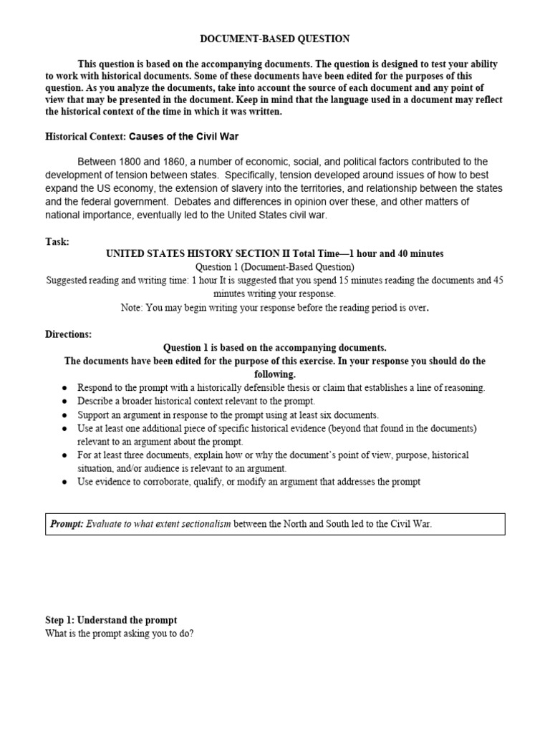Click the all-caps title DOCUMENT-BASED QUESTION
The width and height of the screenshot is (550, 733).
click(274, 39)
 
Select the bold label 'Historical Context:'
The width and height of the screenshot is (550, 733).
click(85, 136)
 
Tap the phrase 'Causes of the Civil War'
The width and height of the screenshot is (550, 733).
click(183, 136)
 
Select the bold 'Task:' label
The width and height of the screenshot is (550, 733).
click(57, 242)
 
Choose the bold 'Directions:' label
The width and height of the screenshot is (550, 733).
click(68, 334)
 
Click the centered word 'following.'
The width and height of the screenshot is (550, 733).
click(274, 374)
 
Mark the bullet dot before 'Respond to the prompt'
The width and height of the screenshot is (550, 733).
click(64, 388)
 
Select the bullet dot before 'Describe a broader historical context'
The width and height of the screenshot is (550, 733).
click(64, 402)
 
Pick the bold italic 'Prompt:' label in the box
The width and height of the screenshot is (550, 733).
click(66, 524)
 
